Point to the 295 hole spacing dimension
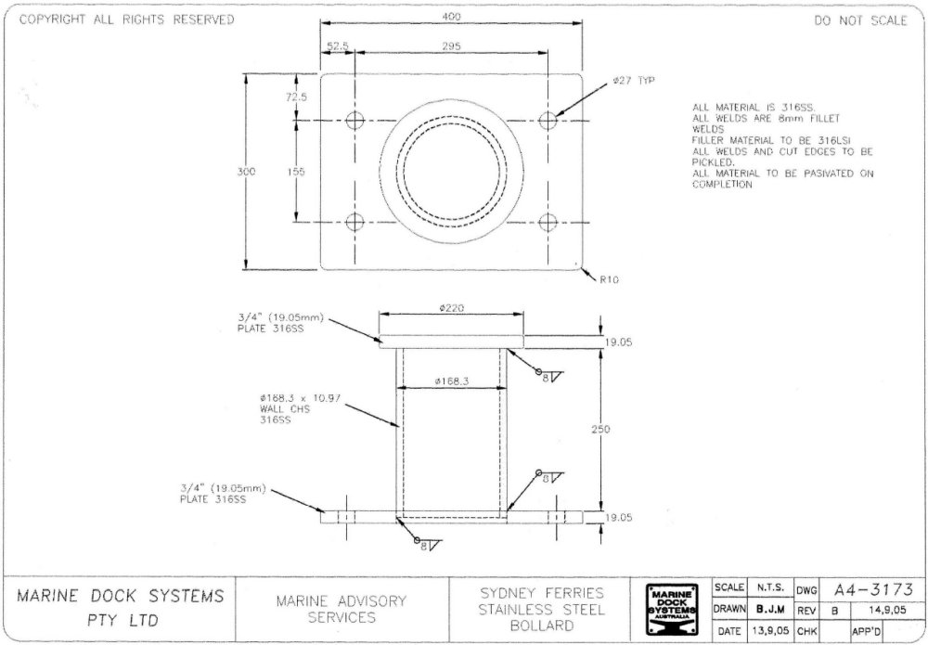pyautogui.click(x=452, y=45)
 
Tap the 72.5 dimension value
pyautogui.click(x=297, y=97)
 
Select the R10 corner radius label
pyautogui.click(x=609, y=277)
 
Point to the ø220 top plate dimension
pyautogui.click(x=451, y=307)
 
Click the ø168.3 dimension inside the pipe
pyautogui.click(x=451, y=381)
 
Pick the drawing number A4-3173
pyautogui.click(x=874, y=589)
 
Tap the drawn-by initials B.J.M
pyautogui.click(x=767, y=610)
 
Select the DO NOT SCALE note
pyautogui.click(x=860, y=21)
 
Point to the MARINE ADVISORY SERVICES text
pyautogui.click(x=341, y=609)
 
